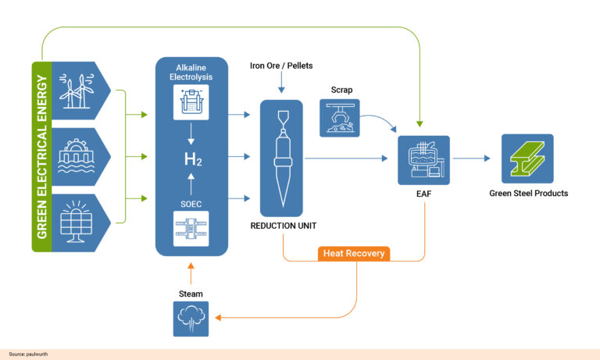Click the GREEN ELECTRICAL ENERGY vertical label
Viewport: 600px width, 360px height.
click(42, 157)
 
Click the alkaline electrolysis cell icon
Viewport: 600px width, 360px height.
click(191, 102)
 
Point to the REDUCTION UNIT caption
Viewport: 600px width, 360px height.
click(283, 226)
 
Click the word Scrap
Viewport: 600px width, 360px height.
click(341, 90)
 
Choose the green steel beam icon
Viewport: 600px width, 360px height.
click(528, 159)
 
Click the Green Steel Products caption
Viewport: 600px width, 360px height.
click(528, 193)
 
